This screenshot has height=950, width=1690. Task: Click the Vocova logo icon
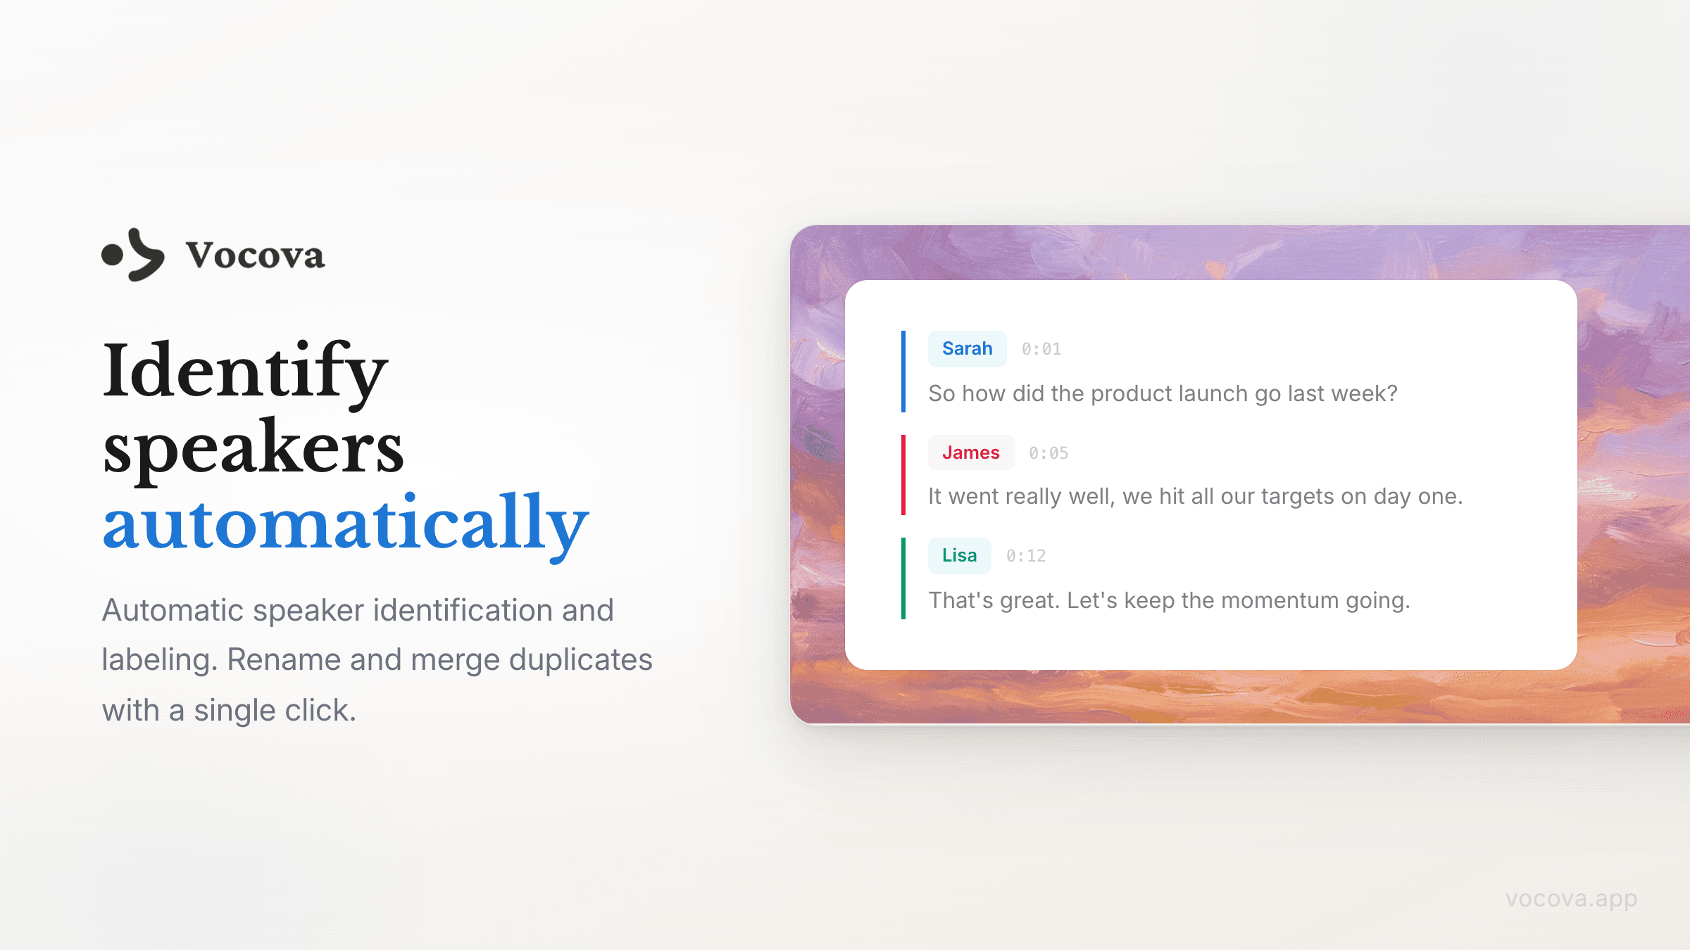pyautogui.click(x=134, y=255)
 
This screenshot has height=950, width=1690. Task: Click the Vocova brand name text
pyautogui.click(x=255, y=255)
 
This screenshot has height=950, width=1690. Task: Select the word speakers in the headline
pyautogui.click(x=254, y=449)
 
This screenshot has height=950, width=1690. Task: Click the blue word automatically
pyautogui.click(x=346, y=524)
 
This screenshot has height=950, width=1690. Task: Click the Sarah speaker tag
pyautogui.click(x=967, y=348)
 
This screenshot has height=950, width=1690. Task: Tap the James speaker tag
pyautogui.click(x=971, y=452)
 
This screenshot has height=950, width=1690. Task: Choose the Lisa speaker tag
pyautogui.click(x=959, y=555)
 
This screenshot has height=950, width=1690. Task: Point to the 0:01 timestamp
pyautogui.click(x=1041, y=349)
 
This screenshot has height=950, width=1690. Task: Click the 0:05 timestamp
pyautogui.click(x=1049, y=453)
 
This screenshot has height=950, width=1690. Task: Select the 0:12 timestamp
pyautogui.click(x=1026, y=556)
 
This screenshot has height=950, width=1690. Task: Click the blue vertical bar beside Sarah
pyautogui.click(x=903, y=371)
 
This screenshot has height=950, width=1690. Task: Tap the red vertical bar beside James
pyautogui.click(x=903, y=474)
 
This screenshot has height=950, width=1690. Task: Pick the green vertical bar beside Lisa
pyautogui.click(x=903, y=578)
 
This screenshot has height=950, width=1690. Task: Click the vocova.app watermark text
pyautogui.click(x=1571, y=899)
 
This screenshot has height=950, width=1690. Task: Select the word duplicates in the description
pyautogui.click(x=581, y=660)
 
